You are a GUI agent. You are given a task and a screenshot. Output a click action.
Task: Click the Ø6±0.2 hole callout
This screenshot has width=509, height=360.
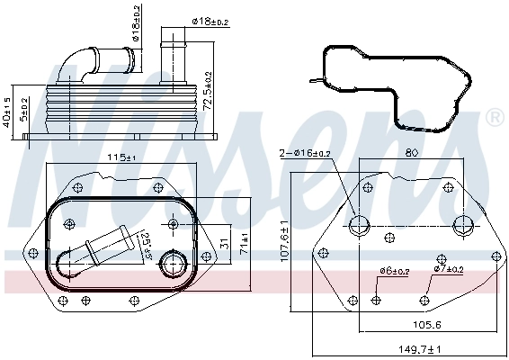click(394, 270)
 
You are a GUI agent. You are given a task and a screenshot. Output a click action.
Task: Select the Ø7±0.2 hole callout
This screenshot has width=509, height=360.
click(447, 269)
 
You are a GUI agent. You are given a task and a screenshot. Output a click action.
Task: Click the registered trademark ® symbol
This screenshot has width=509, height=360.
click(494, 118)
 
